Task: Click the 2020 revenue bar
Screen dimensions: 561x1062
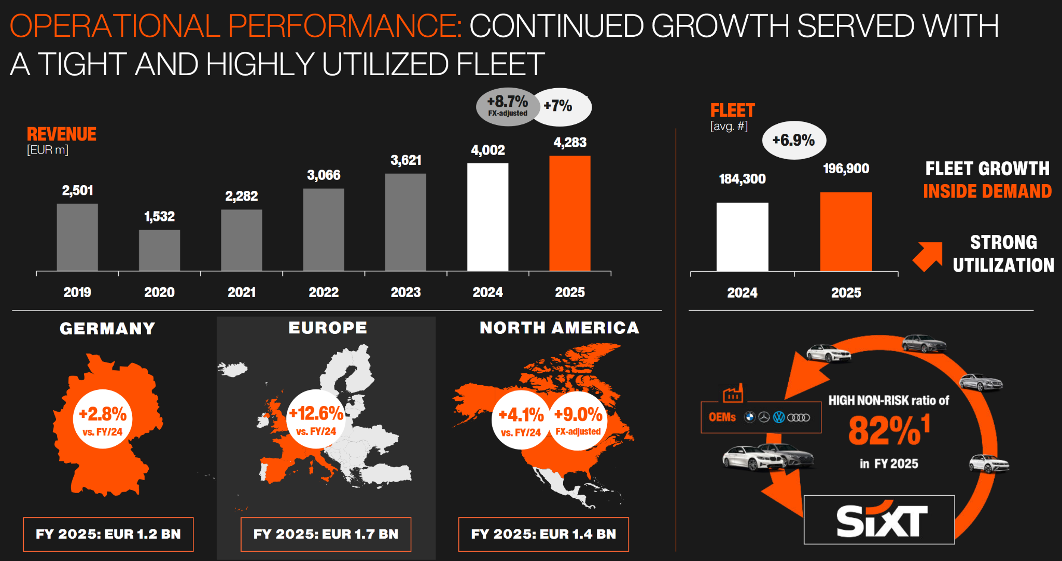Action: point(159,250)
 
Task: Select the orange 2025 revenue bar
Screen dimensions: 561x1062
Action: point(569,213)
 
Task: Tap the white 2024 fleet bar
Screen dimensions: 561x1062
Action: point(742,236)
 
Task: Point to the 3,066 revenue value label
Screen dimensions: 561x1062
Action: point(324,175)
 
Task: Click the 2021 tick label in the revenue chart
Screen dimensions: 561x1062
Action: point(242,292)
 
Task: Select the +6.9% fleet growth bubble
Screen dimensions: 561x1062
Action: point(793,140)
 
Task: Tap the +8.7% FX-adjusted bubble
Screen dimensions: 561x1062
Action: point(507,106)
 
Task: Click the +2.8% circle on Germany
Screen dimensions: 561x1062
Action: point(103,419)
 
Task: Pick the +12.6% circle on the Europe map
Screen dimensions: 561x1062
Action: point(316,418)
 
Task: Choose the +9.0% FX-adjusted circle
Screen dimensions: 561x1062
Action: point(578,419)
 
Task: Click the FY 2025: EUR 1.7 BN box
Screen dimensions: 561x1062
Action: point(326,534)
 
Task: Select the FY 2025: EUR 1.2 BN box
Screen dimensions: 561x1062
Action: point(108,534)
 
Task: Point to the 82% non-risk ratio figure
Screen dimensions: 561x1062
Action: point(888,430)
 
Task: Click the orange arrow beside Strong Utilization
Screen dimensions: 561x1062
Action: point(928,256)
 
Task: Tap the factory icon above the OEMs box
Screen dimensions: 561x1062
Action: point(733,394)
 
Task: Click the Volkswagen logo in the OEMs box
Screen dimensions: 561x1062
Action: point(779,417)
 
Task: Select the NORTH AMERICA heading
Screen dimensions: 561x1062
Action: point(559,328)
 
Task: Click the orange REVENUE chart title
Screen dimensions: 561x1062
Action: point(61,134)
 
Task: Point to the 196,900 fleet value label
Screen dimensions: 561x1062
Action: point(846,169)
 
